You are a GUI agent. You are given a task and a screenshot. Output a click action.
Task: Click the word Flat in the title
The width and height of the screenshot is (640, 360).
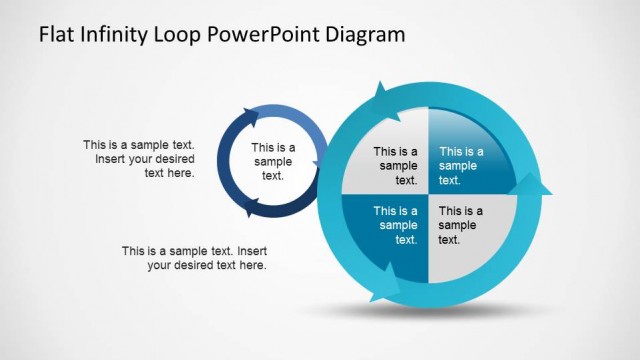point(56,34)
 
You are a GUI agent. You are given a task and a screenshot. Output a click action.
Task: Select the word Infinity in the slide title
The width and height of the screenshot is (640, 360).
point(115,34)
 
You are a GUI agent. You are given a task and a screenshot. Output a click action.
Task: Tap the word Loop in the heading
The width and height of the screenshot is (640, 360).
point(185,35)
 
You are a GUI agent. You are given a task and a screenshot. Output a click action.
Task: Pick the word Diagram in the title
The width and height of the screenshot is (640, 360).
point(366,35)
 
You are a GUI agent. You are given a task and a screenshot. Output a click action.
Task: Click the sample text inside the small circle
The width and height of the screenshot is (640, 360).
point(273,161)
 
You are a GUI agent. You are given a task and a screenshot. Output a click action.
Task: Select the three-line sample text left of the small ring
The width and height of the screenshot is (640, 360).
point(139,159)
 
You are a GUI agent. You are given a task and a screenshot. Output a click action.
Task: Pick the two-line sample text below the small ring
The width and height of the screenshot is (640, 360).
point(195,258)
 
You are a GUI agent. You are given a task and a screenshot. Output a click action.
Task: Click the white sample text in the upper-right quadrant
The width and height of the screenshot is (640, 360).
point(461,166)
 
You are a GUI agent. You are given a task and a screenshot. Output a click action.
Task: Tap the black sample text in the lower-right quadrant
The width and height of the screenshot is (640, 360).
point(461,225)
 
